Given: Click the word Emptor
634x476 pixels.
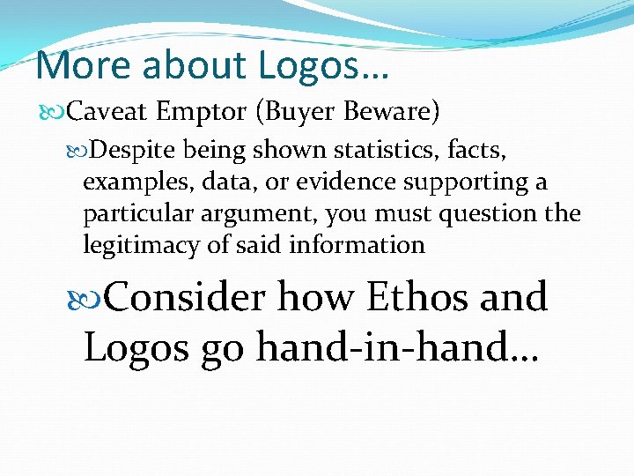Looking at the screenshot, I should [200, 113].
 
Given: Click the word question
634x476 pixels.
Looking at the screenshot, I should [489, 214].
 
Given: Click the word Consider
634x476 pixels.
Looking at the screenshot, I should [184, 298].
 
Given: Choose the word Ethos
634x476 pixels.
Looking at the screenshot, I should [418, 298].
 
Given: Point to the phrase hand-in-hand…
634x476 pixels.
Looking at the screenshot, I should [397, 347].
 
